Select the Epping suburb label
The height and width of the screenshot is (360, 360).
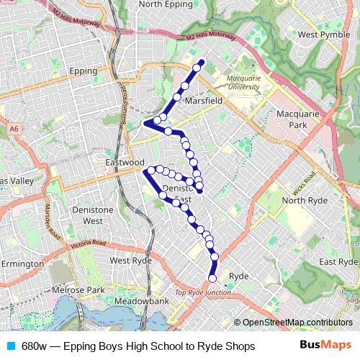click(x=88, y=71)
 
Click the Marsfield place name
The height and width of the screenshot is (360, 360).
click(x=204, y=102)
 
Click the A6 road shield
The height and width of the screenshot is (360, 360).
click(x=14, y=129)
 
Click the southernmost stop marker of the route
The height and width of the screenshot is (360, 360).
click(x=212, y=278)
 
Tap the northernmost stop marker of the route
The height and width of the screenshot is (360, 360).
click(x=201, y=62)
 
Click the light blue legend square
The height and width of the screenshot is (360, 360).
click(x=11, y=346)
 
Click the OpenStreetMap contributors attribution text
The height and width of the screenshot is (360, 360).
click(x=296, y=323)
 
